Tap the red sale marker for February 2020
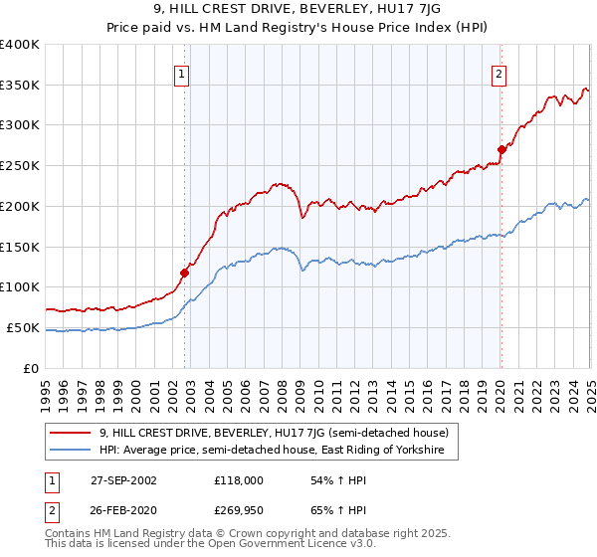pos(500,150)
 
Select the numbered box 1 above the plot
pos(183,73)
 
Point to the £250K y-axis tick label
pos(20,166)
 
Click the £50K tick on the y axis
pos(23,327)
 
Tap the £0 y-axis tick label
pos(32,368)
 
